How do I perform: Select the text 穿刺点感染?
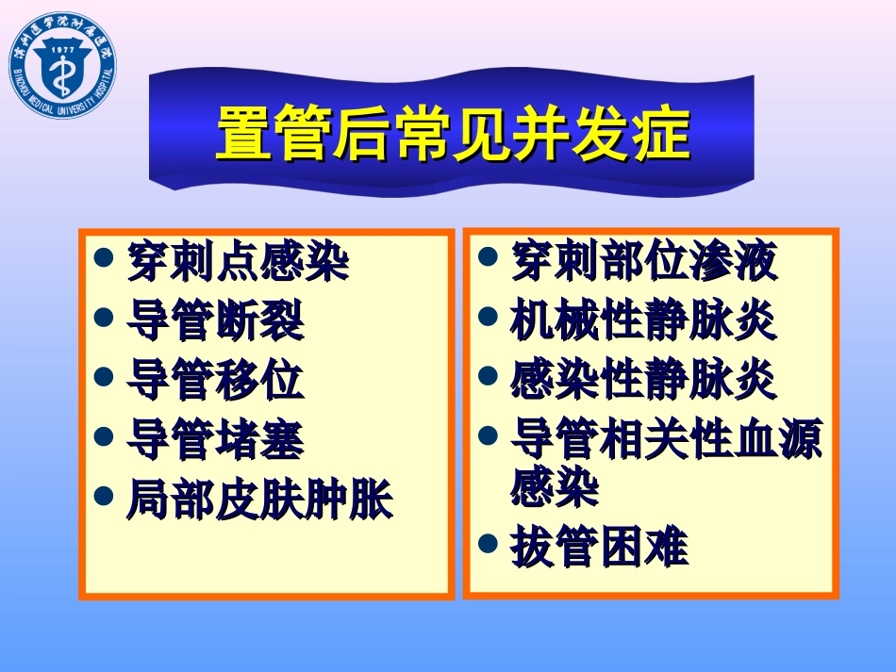click(x=237, y=261)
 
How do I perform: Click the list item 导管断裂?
click(x=215, y=320)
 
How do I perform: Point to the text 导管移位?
click(x=215, y=380)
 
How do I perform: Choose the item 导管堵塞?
click(x=215, y=439)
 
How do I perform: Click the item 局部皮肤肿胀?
click(x=258, y=500)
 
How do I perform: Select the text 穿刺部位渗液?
click(x=643, y=261)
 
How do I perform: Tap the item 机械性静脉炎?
click(x=643, y=320)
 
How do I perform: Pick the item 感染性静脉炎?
click(x=643, y=380)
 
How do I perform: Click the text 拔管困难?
click(x=599, y=548)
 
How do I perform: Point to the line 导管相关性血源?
click(x=666, y=439)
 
